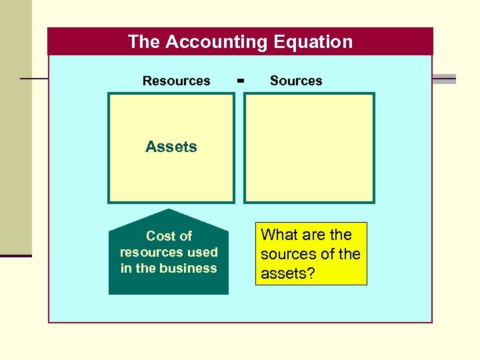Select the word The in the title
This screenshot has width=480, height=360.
[x=144, y=42]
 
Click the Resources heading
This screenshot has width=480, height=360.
[x=176, y=81]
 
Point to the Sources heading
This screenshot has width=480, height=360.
[x=296, y=81]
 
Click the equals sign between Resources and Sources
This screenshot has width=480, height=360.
[x=241, y=81]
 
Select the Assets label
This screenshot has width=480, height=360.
[x=171, y=147]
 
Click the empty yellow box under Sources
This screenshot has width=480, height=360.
[x=309, y=147]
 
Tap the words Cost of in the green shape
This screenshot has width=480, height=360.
[x=169, y=236]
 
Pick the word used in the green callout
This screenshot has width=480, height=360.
[x=203, y=252]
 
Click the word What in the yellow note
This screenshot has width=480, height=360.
[x=279, y=235]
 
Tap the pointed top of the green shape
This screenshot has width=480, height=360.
[x=169, y=212]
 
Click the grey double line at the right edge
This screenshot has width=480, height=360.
[x=444, y=79]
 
